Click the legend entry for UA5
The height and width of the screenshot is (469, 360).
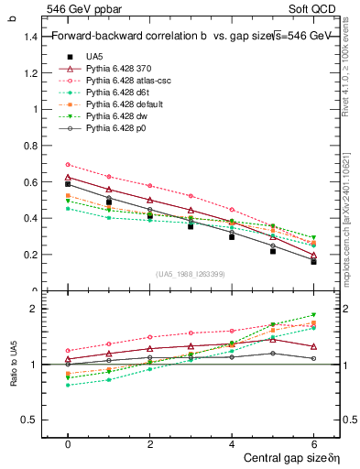(x=95, y=56)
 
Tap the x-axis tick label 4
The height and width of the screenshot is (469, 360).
(x=232, y=442)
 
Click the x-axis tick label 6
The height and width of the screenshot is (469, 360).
(x=314, y=442)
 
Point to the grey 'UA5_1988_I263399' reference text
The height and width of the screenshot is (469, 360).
(x=191, y=274)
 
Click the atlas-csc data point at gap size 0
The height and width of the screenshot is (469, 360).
(x=68, y=165)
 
